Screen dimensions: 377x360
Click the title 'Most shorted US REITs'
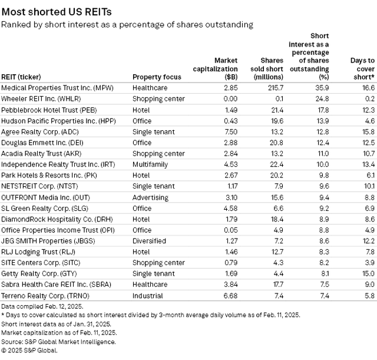coord(57,12)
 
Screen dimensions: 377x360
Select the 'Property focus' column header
coord(157,77)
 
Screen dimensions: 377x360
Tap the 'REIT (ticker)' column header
coord(21,77)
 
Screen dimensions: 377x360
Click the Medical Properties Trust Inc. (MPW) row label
coord(57,88)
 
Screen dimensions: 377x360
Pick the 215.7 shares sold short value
coord(276,88)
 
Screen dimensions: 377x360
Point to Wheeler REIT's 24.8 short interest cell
coord(322,99)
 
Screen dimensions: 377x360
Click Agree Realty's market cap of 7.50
coord(230,132)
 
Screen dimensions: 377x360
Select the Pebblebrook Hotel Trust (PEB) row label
coord(49,110)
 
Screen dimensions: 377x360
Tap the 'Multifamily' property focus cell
coord(150,164)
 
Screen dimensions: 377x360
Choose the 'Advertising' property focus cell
coord(151,197)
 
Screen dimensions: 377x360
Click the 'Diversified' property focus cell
coord(149,241)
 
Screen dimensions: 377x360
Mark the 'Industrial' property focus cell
coord(148,296)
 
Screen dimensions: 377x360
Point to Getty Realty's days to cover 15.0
coord(369,273)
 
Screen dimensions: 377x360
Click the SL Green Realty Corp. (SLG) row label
coord(45,209)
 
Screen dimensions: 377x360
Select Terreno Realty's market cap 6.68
coord(230,296)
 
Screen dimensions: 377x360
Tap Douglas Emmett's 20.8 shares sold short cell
coord(276,143)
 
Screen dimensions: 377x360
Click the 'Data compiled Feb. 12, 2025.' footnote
coord(42,306)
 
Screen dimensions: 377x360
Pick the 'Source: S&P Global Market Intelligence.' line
coord(58,342)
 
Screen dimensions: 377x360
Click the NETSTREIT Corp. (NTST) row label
coord(39,186)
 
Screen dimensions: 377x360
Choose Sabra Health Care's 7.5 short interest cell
coord(325,285)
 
